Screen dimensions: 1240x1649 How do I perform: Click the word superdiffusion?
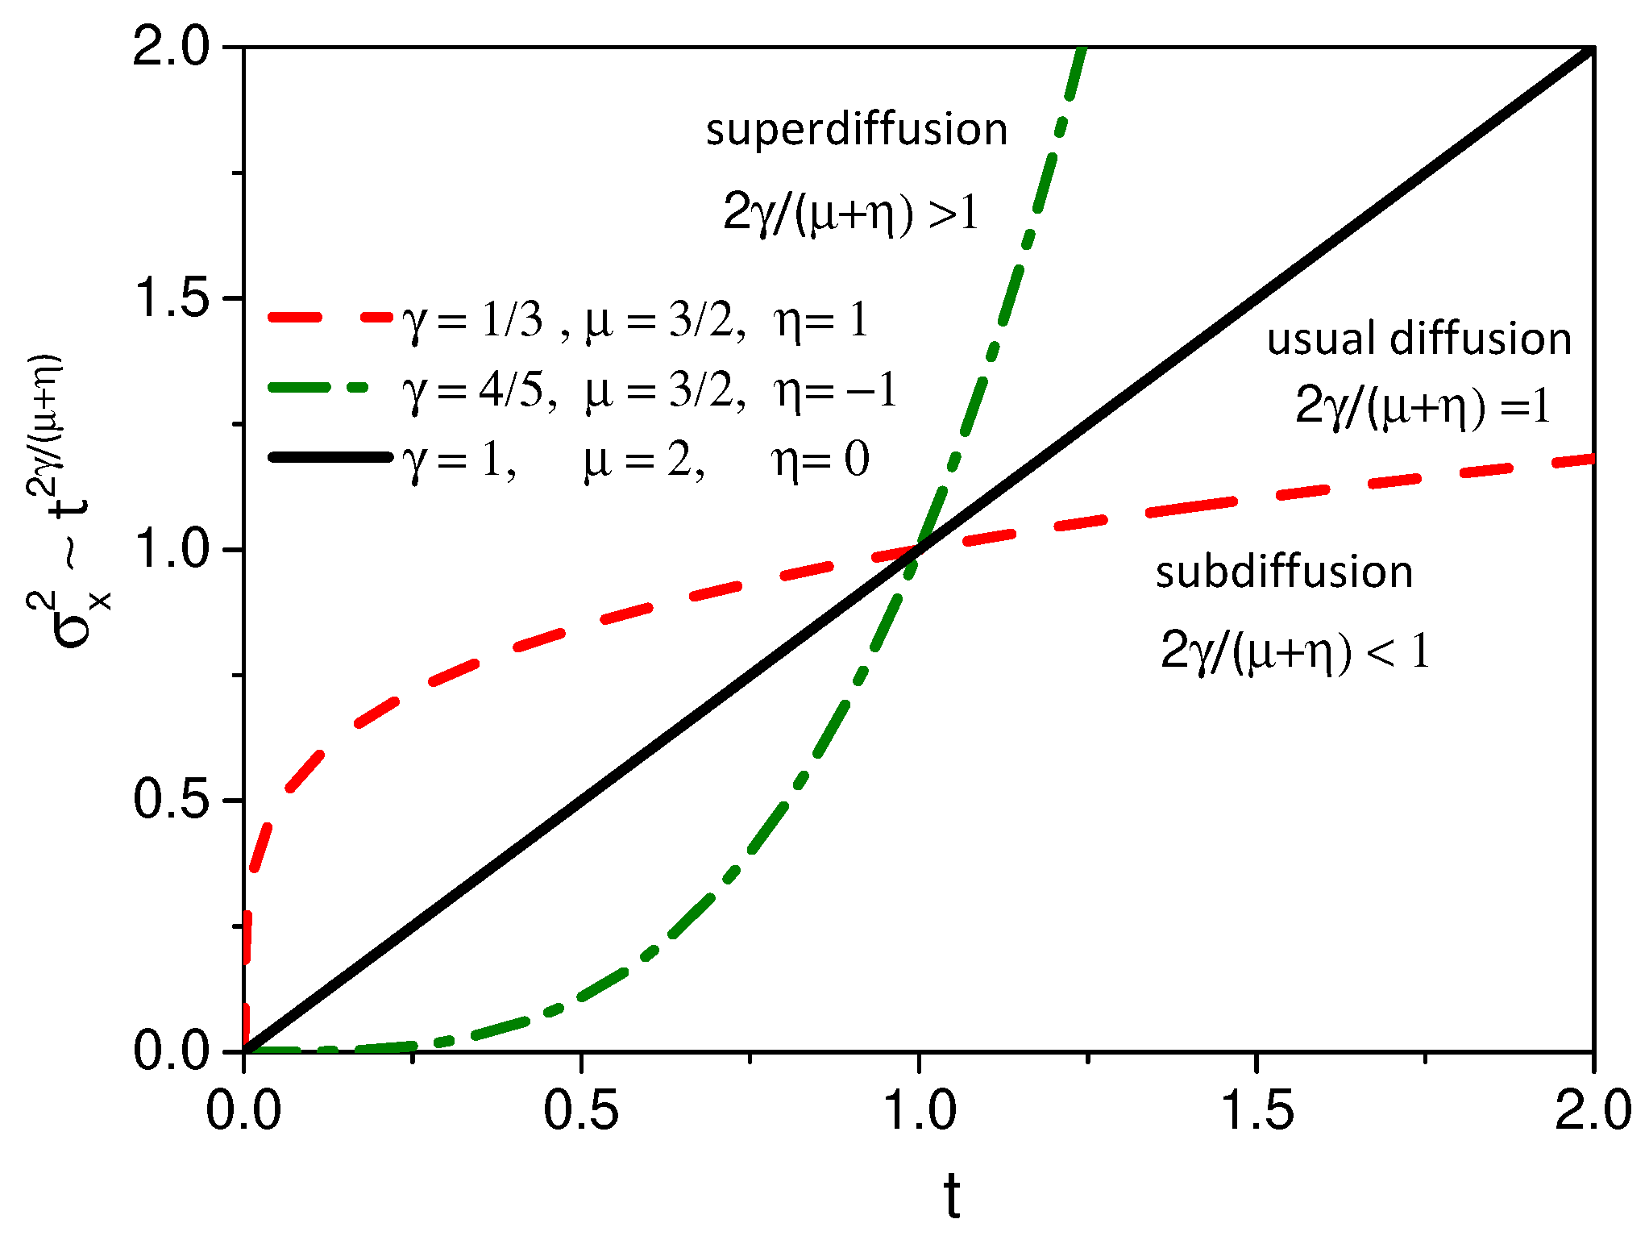point(856,131)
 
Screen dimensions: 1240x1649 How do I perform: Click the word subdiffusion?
point(1284,572)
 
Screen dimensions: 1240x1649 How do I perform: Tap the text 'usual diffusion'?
point(1418,339)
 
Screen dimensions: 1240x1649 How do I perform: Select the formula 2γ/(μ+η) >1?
point(850,214)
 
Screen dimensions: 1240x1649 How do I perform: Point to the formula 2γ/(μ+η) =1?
point(1423,406)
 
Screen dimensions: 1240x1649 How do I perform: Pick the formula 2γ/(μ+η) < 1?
point(1295,651)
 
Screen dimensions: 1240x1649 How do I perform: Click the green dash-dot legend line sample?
point(330,388)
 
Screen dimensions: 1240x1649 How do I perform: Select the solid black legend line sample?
point(330,457)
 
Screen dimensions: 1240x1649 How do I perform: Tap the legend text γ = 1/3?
point(473,321)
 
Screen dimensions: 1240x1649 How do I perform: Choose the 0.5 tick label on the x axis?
point(580,1111)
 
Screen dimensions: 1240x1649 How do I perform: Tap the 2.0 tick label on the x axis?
point(1593,1111)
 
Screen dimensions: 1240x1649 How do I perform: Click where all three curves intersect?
point(918,549)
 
